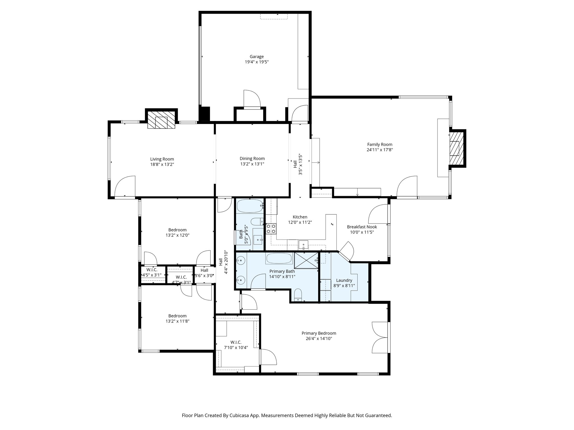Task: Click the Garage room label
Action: click(x=257, y=57)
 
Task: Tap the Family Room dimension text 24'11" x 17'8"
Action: click(x=380, y=150)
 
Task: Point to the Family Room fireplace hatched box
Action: click(x=456, y=149)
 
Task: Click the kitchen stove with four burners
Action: click(x=271, y=229)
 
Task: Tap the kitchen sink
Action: click(x=303, y=245)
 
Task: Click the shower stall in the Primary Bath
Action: click(x=306, y=260)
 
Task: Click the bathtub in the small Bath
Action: click(x=249, y=206)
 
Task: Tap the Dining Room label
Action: click(x=252, y=158)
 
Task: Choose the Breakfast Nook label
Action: click(x=362, y=227)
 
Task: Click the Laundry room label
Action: click(x=344, y=280)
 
